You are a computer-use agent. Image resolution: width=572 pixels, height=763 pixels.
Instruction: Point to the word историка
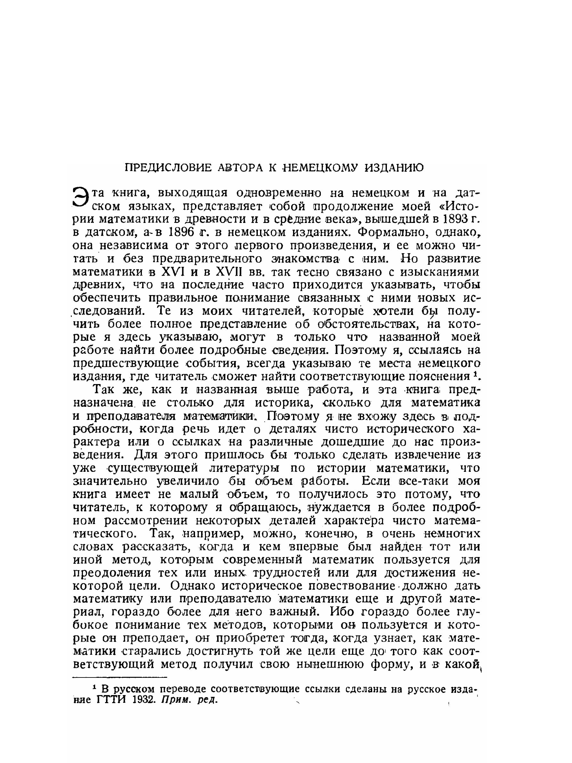(x=278, y=403)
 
